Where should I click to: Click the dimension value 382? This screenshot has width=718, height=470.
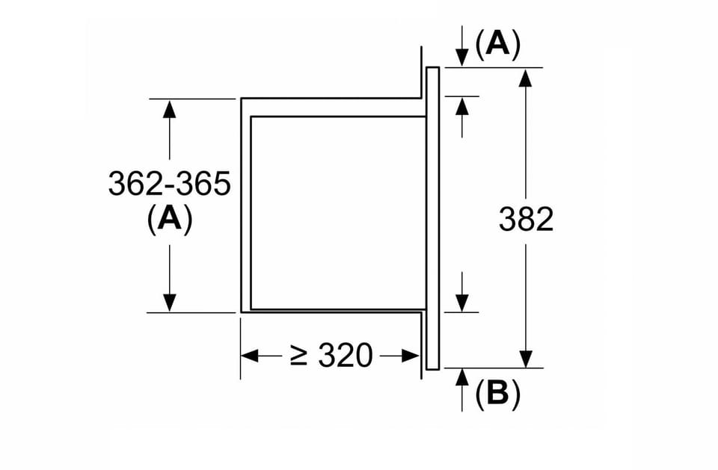526,219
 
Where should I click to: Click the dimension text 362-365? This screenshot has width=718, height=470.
170,184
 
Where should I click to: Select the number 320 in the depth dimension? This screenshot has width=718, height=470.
346,355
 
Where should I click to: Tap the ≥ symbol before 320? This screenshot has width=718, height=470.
298,356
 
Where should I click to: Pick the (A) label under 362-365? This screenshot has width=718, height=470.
170,220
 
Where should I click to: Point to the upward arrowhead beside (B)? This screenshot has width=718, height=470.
462,377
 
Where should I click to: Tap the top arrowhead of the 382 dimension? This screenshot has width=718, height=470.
526,78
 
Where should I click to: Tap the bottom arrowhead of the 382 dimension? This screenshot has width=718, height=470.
526,359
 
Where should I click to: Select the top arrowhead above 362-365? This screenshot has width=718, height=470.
170,108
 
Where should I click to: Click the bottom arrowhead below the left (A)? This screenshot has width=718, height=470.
170,303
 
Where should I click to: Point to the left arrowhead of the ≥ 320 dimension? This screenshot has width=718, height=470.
250,356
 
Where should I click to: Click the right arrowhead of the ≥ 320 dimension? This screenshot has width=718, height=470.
411,356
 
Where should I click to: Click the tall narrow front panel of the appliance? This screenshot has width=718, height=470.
433,218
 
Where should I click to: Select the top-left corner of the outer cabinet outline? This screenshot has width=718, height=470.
242,99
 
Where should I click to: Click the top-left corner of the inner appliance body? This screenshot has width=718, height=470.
251,117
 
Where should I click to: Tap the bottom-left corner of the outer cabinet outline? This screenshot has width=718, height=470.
242,312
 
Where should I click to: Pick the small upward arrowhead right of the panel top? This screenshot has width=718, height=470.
462,106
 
